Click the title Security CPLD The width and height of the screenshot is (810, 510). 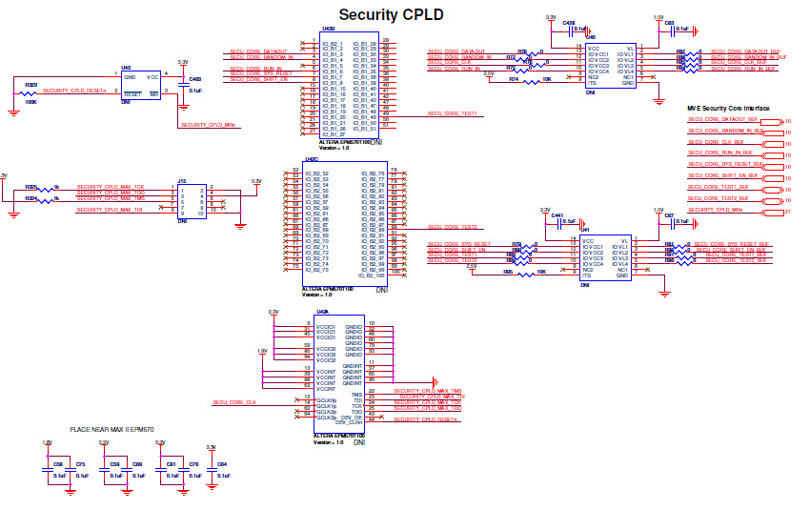click(x=391, y=14)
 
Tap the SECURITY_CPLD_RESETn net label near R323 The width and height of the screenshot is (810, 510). click(x=73, y=90)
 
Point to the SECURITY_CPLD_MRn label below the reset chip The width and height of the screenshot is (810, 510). click(x=209, y=125)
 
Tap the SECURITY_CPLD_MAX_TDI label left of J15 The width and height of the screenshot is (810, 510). click(x=110, y=209)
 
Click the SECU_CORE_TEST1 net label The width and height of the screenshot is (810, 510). click(x=452, y=114)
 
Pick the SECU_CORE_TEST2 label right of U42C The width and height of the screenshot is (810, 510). click(x=452, y=227)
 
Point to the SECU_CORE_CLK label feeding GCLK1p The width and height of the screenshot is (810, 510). click(x=234, y=402)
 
